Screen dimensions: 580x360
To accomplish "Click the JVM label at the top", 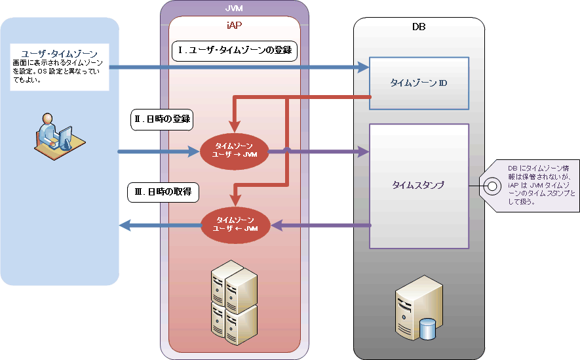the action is click(234, 8).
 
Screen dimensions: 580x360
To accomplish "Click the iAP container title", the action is click(234, 25).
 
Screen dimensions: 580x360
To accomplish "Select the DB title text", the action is click(419, 27).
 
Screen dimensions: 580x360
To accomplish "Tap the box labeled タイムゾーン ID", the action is click(419, 83).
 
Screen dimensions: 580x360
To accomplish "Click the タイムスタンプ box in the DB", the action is click(419, 186).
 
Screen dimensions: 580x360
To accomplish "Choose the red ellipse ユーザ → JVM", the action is click(234, 151).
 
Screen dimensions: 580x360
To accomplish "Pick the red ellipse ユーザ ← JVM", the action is click(236, 225).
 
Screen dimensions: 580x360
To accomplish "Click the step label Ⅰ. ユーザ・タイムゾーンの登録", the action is click(235, 50).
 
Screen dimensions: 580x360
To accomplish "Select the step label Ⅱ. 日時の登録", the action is click(162, 119).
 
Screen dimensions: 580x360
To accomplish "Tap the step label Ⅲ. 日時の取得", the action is click(163, 192).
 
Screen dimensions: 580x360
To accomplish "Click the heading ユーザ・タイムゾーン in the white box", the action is click(59, 54).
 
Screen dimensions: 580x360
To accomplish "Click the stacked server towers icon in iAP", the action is click(234, 303).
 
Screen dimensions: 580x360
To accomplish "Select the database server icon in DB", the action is click(419, 308).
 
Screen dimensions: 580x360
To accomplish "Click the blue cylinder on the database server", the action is click(427, 329).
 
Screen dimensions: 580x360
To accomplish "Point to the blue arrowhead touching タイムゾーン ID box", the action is click(364, 68).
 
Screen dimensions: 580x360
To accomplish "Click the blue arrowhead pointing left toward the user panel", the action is click(125, 225).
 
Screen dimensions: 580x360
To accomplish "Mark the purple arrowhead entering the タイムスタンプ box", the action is click(364, 151).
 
